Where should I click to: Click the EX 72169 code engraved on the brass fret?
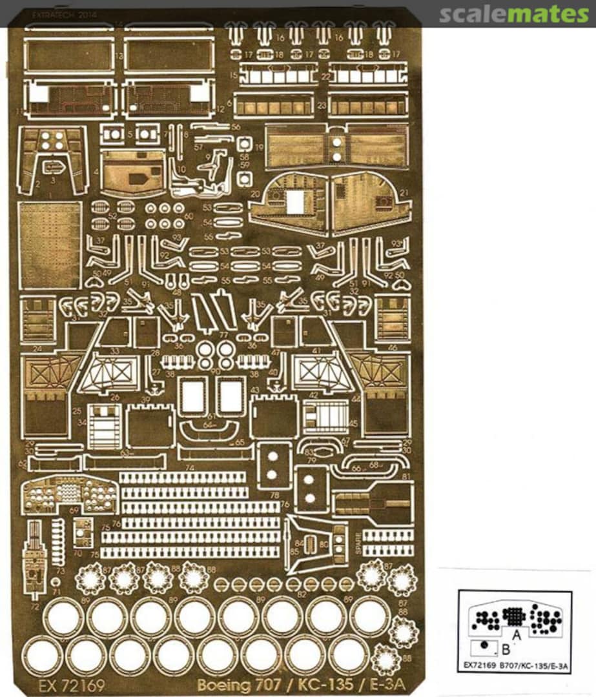click(x=72, y=685)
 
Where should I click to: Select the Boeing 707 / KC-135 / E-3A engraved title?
click(x=301, y=685)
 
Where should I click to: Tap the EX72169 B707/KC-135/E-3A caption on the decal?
click(x=515, y=664)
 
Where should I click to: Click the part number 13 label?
click(x=119, y=57)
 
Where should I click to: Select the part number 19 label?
click(x=258, y=147)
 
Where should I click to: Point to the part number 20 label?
click(x=256, y=194)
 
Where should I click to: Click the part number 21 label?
click(x=404, y=194)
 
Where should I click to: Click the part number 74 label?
click(x=189, y=467)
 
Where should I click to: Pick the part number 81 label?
click(x=406, y=476)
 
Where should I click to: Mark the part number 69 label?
click(x=74, y=510)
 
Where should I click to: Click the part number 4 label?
click(x=96, y=172)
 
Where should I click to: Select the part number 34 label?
click(x=82, y=423)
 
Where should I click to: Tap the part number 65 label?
click(x=240, y=442)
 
